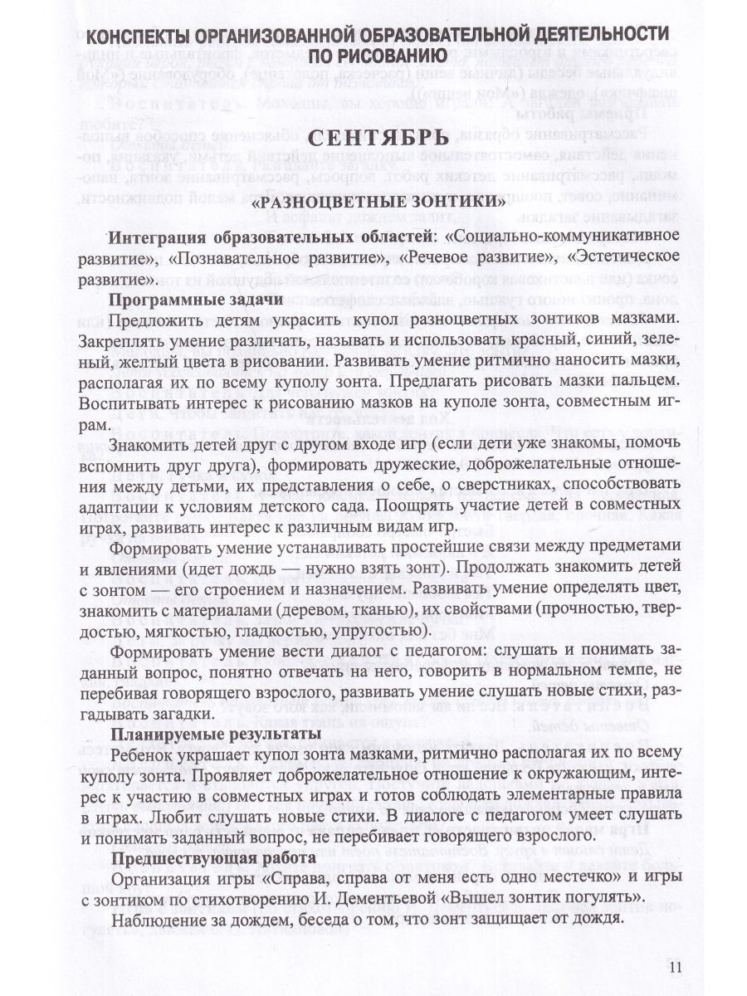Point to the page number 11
point(674,965)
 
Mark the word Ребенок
point(142,753)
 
